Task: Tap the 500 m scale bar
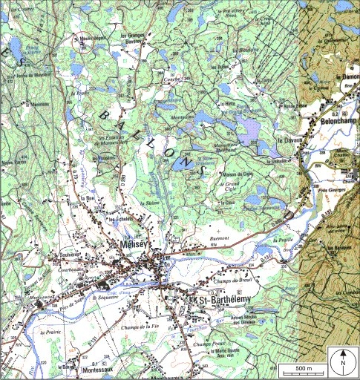(301, 369)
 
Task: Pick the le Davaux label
(287, 140)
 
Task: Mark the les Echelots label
(120, 219)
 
